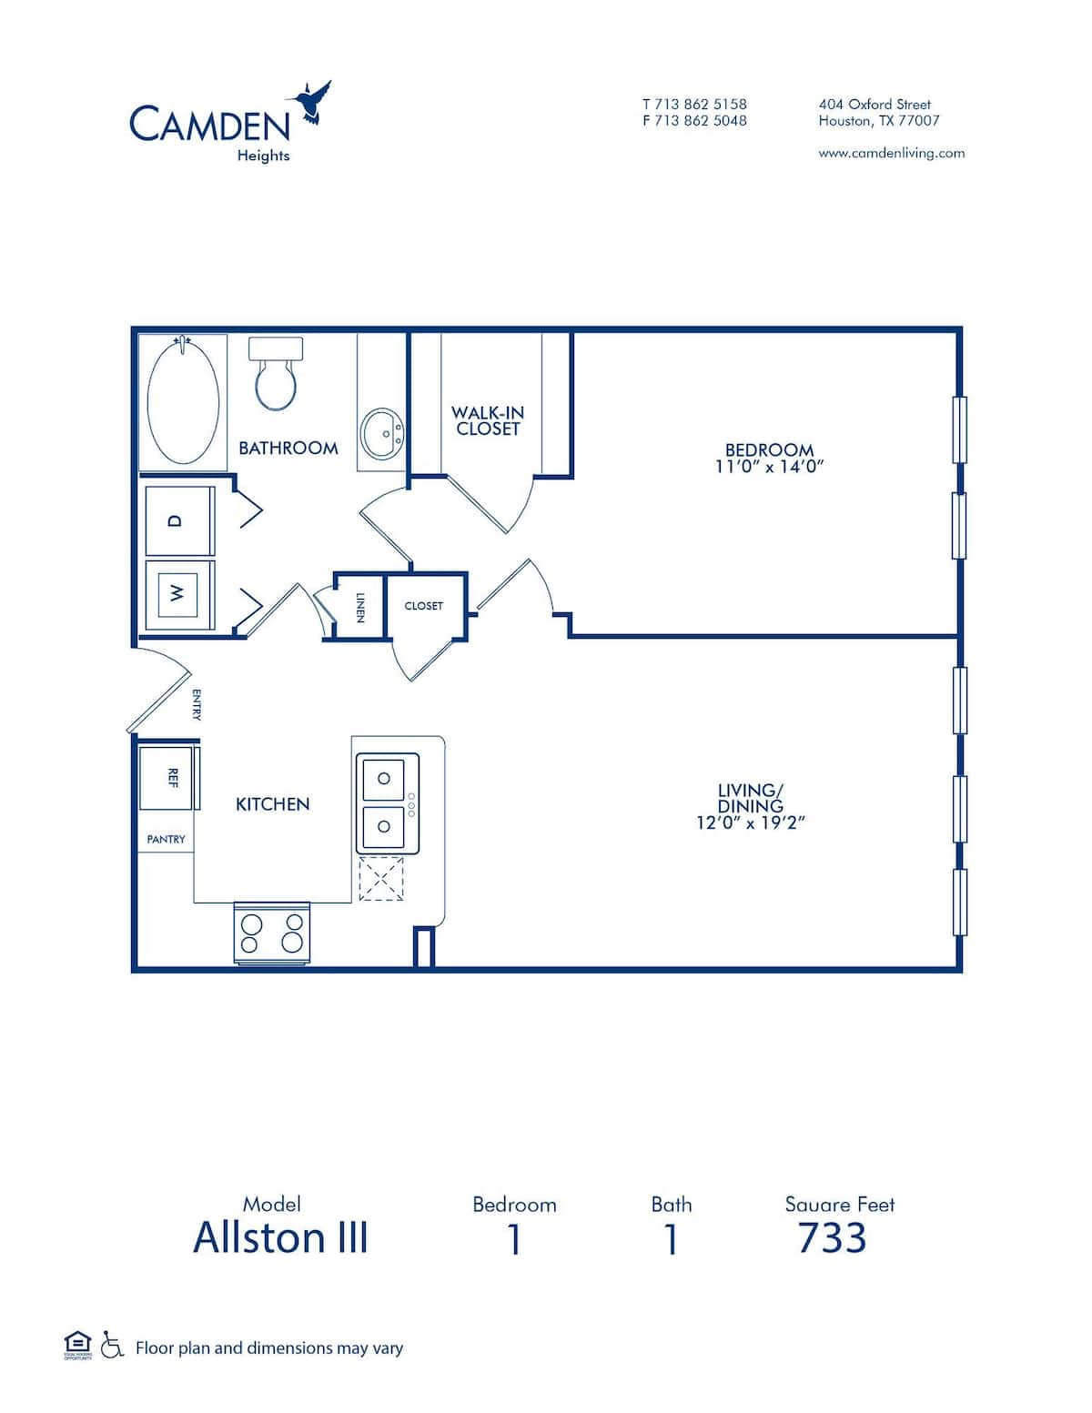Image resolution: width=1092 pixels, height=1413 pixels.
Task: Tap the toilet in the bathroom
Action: tap(276, 376)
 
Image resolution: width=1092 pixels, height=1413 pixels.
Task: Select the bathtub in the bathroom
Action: tap(183, 403)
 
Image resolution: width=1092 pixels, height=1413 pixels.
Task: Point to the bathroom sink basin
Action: tap(383, 434)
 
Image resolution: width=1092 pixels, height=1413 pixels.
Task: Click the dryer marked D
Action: tap(179, 520)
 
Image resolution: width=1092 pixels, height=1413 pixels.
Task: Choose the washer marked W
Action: tap(179, 593)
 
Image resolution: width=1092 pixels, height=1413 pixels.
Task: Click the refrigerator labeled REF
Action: tap(167, 778)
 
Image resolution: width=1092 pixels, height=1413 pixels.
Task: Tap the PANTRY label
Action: tap(166, 840)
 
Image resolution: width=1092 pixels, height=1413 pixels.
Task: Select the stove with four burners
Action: tap(271, 933)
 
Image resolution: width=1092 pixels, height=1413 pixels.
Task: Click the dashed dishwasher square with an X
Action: tap(380, 879)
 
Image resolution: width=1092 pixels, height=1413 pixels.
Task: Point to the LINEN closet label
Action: tap(360, 607)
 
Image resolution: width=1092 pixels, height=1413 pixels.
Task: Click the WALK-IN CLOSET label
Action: tap(488, 420)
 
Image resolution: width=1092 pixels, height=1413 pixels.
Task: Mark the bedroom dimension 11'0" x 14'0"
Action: tap(769, 467)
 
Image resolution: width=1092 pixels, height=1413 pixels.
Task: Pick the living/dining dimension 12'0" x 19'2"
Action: tap(751, 823)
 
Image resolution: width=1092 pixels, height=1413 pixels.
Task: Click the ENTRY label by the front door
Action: tap(197, 705)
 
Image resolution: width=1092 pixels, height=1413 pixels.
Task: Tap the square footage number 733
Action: tap(832, 1238)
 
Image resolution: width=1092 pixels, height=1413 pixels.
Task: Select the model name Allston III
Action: tap(280, 1238)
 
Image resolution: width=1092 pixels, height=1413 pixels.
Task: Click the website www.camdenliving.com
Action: tap(891, 153)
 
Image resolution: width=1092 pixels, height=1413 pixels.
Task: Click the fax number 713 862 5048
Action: tap(700, 120)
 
